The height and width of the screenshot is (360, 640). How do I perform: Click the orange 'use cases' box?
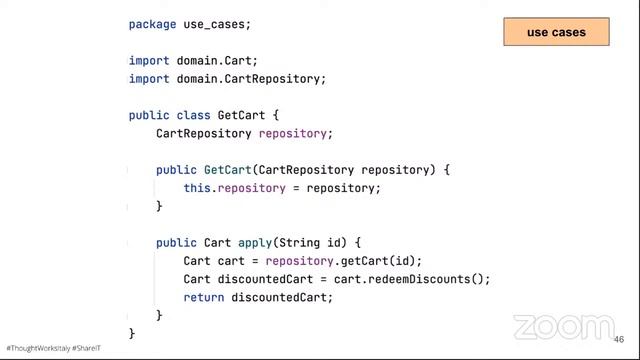556,32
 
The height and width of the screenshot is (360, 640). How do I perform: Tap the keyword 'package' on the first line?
153,24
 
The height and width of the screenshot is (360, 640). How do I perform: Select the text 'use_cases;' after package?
217,24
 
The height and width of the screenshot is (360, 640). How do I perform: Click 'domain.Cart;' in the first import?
217,61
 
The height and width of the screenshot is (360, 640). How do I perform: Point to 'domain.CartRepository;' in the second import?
251,79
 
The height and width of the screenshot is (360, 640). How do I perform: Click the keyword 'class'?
193,115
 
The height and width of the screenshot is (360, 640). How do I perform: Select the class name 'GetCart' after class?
241,115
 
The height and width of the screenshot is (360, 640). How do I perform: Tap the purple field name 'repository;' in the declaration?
296,133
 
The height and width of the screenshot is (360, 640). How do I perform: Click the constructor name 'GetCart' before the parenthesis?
228,170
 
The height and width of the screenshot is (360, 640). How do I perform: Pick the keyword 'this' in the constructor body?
197,188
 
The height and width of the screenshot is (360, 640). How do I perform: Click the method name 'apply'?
255,243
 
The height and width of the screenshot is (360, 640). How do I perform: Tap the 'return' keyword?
204,298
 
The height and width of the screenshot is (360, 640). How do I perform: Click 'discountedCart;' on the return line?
282,298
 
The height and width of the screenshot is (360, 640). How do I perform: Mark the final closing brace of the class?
132,333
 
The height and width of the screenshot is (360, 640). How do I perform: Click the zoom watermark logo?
564,327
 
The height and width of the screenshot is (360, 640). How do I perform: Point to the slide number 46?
619,340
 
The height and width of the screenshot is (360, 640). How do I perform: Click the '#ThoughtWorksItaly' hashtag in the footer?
38,348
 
